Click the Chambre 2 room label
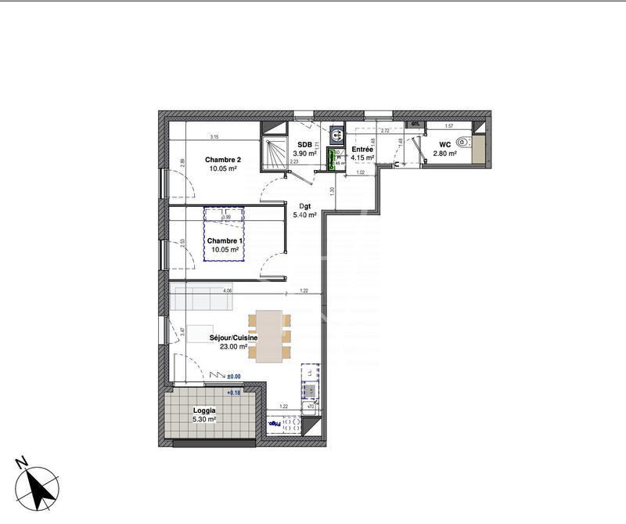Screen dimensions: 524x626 pos(223,160)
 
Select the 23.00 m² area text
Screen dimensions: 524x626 pos(233,347)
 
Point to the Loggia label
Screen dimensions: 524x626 pos(204,410)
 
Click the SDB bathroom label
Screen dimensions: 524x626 pos(304,144)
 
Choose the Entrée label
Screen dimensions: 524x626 pos(362,149)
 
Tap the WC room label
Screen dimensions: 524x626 pos(444,144)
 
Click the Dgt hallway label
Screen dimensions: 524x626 pos(306,205)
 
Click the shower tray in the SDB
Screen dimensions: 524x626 pos(274,149)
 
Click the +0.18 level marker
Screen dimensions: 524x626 pos(234,392)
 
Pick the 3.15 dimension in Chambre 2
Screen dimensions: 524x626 pos(214,137)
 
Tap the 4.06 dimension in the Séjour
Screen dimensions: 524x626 pos(228,291)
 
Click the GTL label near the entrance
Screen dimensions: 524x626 pos(416,124)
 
